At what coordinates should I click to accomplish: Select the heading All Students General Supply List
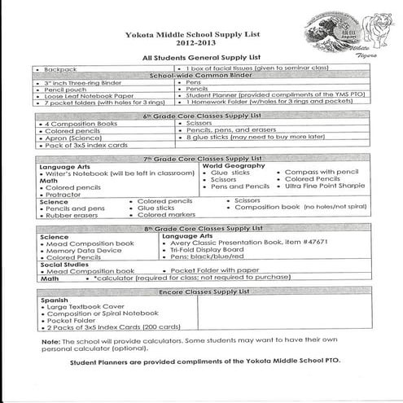[188, 59]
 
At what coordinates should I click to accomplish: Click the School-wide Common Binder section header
[199, 76]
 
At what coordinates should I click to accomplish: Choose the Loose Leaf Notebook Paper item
[79, 96]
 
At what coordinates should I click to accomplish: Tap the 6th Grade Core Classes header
[199, 116]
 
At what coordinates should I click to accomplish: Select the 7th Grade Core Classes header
[199, 157]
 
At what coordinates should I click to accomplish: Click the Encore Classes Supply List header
[199, 291]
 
